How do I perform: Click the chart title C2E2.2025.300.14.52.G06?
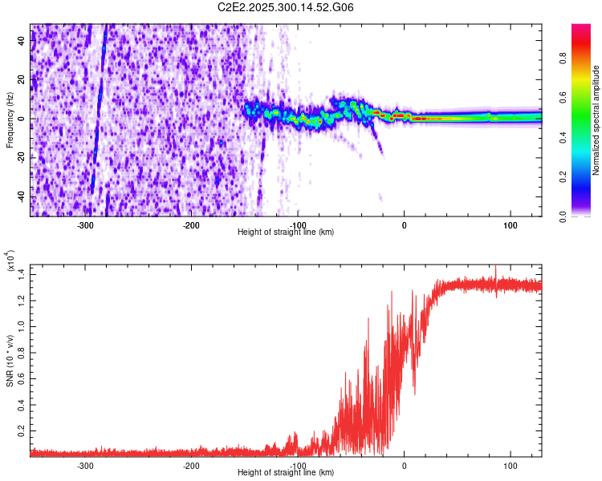286,7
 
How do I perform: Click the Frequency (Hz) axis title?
10,120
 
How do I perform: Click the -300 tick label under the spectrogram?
85,225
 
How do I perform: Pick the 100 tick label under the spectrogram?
510,225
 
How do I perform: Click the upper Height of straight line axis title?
286,232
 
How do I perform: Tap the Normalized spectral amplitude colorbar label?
596,120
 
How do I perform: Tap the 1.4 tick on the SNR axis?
22,274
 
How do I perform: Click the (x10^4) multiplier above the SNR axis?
11,262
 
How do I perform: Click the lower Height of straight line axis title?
286,473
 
